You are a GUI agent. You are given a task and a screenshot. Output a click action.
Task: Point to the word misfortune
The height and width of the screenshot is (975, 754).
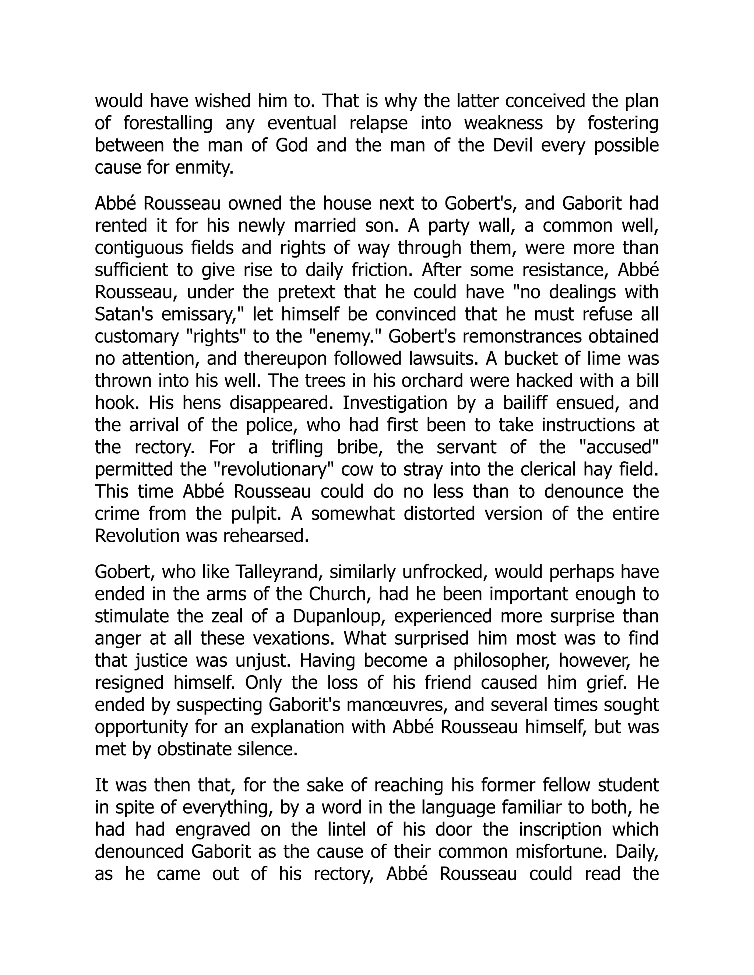pos(561,851)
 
